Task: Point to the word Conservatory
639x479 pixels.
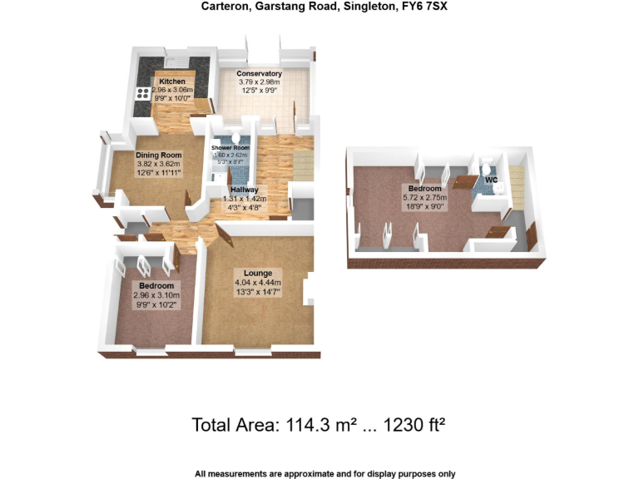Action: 260,73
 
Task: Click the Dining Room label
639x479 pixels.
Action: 159,155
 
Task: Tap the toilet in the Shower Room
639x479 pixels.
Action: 236,138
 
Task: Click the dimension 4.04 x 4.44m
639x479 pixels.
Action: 258,283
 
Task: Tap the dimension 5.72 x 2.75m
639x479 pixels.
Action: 424,197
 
